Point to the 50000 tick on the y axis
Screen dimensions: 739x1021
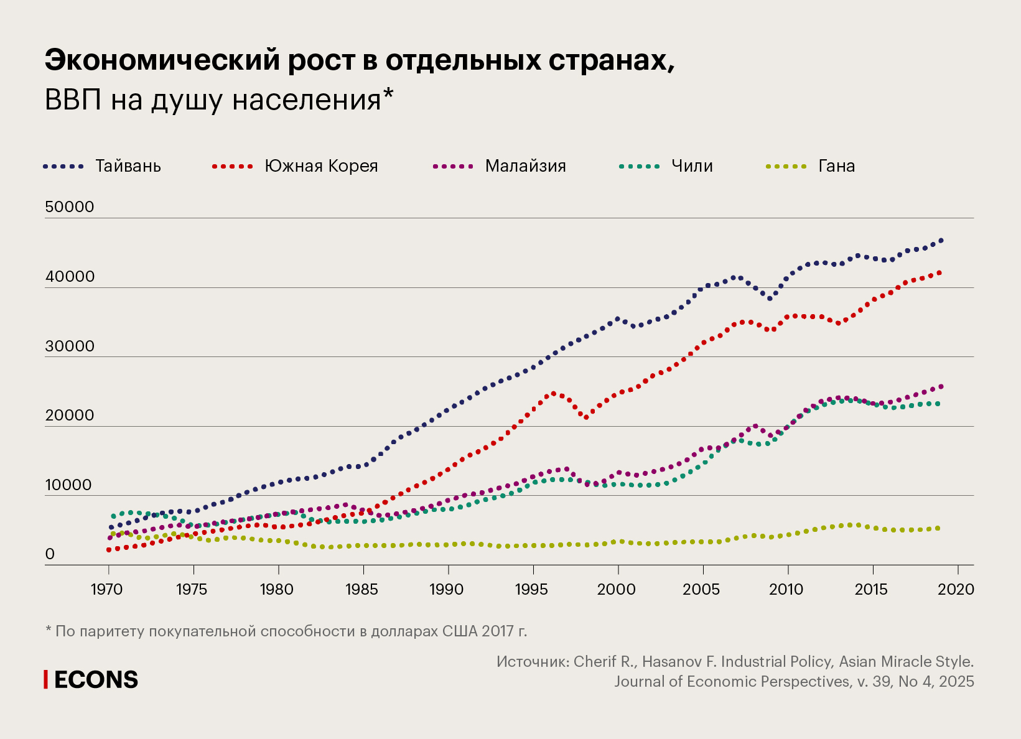pos(70,207)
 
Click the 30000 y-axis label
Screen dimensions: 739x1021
pos(70,346)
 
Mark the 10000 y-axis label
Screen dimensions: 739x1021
pos(70,485)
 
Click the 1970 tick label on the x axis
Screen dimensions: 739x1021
pos(107,589)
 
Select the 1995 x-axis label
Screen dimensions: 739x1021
pos(531,589)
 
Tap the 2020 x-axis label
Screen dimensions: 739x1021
pos(956,589)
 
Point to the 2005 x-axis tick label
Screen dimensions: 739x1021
pos(701,589)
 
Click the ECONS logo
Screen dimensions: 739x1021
pos(91,680)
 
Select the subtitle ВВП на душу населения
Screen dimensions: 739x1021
pos(218,100)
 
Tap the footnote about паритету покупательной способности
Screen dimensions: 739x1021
pos(286,631)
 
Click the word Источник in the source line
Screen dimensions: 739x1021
pos(532,661)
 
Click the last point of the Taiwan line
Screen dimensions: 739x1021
pos(941,240)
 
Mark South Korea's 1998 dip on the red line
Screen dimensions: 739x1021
pos(586,418)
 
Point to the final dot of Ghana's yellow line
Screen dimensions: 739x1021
pos(938,528)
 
